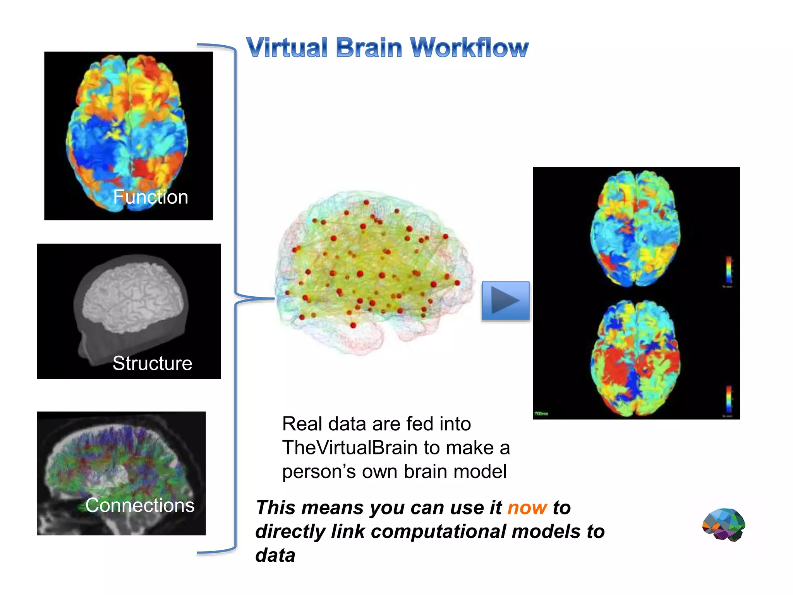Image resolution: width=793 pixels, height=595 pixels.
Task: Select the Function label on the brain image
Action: (x=150, y=197)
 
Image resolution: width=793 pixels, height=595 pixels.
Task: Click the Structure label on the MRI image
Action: (x=152, y=363)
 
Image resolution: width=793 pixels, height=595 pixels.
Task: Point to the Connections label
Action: (x=140, y=505)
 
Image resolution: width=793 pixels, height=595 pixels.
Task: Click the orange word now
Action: (x=527, y=507)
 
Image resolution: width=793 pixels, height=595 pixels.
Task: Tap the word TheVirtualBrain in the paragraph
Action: (x=350, y=448)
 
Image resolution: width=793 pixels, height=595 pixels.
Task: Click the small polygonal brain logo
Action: (x=724, y=524)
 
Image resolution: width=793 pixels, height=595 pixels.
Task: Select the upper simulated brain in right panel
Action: (x=635, y=229)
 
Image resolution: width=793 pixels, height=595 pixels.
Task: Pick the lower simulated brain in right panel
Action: (x=635, y=358)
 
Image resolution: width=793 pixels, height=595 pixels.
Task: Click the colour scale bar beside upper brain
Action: (x=729, y=270)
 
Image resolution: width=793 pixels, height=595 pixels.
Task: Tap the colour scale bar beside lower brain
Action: (x=729, y=399)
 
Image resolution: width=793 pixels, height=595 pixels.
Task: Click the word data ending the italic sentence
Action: (x=275, y=555)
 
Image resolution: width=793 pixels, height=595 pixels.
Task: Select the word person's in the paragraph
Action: (x=319, y=472)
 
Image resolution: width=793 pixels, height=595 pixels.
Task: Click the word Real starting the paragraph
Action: (x=302, y=424)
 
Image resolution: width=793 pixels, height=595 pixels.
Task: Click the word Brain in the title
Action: (x=369, y=48)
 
